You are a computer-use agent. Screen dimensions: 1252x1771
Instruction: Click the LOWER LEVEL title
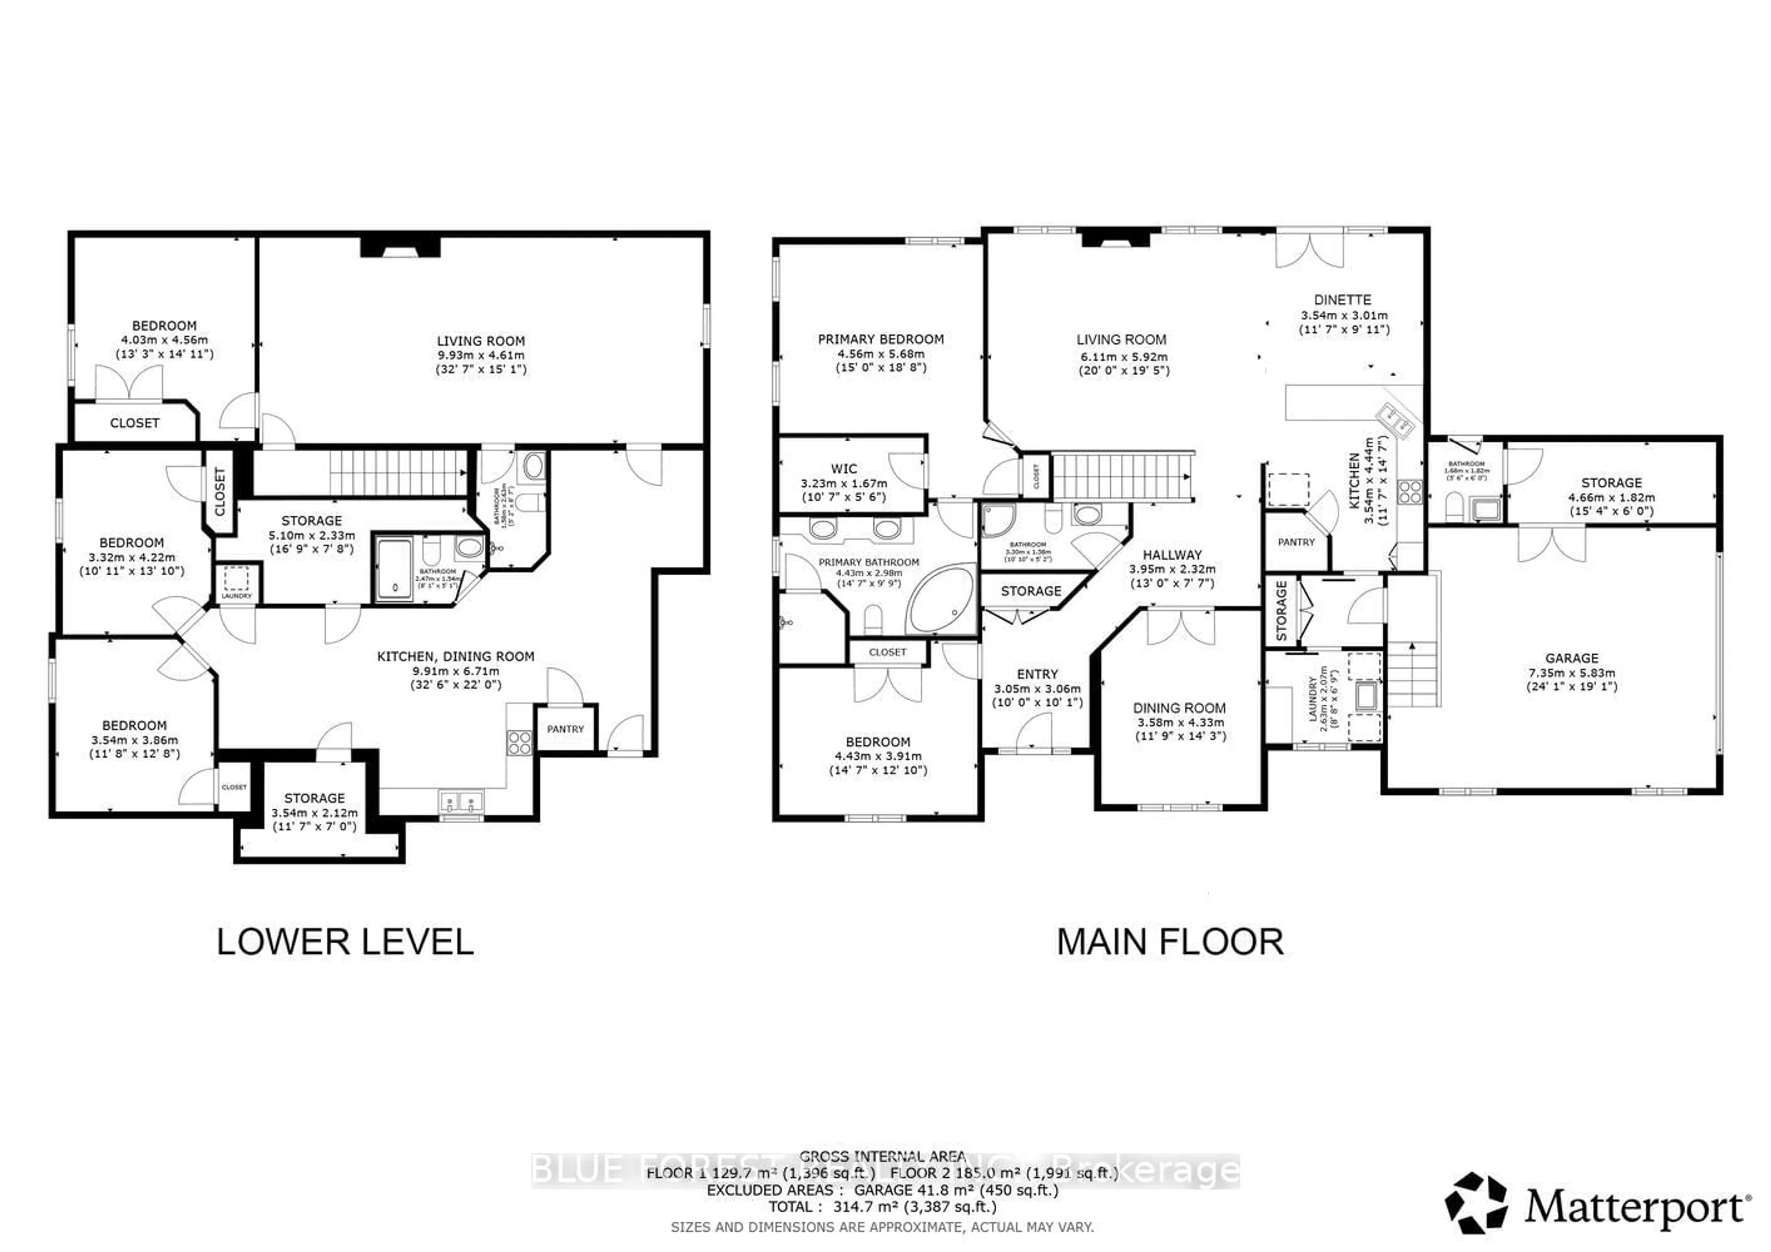coord(345,943)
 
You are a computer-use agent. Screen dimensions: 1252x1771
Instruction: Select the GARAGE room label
coord(1571,658)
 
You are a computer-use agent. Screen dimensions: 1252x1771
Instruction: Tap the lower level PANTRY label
coord(565,728)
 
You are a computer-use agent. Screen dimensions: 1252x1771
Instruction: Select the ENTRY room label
coord(1037,674)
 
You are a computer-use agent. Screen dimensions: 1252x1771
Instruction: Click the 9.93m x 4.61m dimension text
coord(481,355)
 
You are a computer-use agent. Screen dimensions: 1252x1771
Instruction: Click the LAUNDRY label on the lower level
coord(236,596)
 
